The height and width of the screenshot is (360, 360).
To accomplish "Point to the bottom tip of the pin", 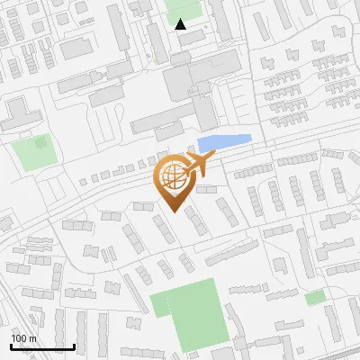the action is pos(172,212).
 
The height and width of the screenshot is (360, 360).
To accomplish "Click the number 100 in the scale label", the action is pos(18,338).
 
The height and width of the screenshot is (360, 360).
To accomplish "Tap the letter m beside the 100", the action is pos(31,338).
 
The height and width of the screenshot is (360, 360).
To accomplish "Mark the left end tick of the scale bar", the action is pos(10,346).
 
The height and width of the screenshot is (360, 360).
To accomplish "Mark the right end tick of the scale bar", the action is pos(74,346).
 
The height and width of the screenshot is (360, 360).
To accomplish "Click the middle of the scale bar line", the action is pos(41,347).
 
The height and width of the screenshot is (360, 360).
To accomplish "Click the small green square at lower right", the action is pos(314,298).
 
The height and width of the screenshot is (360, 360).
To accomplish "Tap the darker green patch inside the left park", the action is pos(40,141).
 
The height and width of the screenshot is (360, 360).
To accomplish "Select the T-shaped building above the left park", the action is pos(18,113).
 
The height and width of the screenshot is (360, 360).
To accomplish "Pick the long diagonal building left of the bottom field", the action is pos(135,292).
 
